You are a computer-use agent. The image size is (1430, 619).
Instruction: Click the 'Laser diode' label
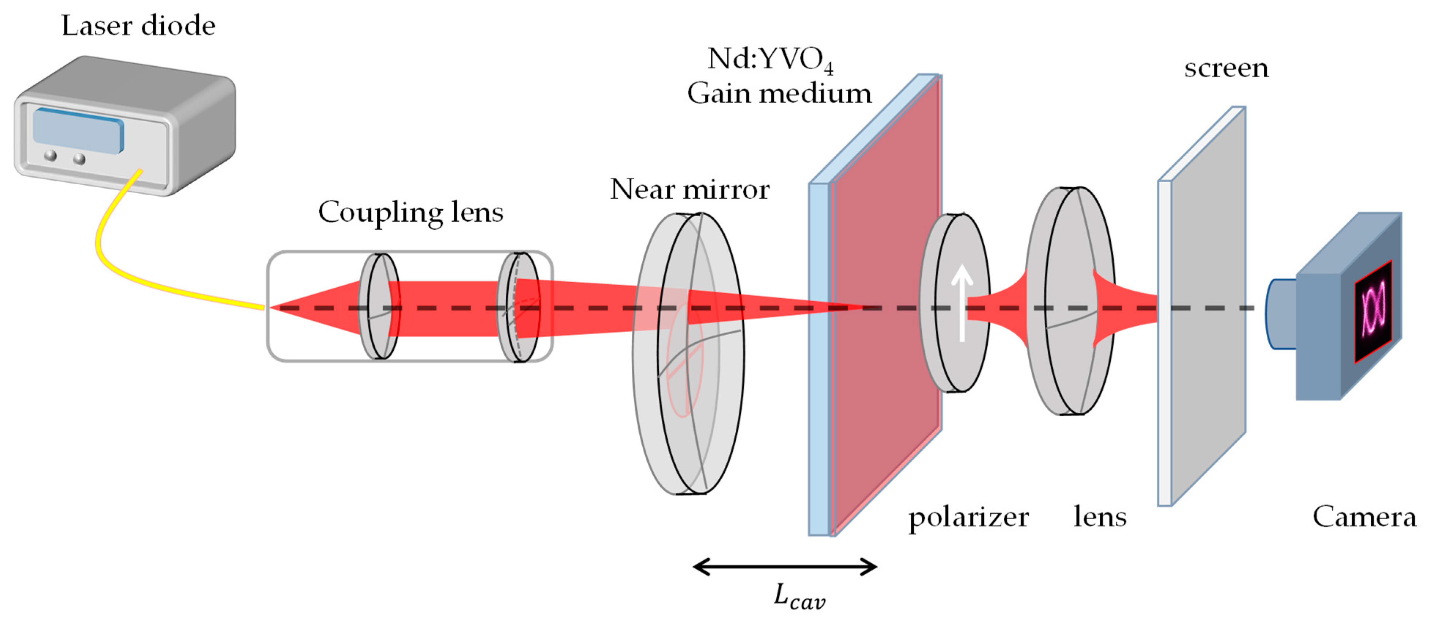coord(138,26)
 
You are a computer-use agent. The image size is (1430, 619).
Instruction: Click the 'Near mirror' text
coord(690,190)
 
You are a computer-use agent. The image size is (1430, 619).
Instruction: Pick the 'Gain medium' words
coord(779,93)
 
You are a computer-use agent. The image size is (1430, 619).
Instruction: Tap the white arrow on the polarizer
coord(962,303)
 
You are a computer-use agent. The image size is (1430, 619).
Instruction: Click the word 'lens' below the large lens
coord(1100,517)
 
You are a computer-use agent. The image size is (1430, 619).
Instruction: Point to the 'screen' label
coord(1226,68)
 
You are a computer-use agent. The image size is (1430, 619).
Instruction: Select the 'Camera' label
coord(1364,517)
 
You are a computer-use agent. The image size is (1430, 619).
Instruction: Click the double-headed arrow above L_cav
coord(785,567)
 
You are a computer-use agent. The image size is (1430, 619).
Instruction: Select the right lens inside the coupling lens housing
coord(519,307)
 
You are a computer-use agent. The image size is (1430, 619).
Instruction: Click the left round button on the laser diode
coord(51,155)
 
